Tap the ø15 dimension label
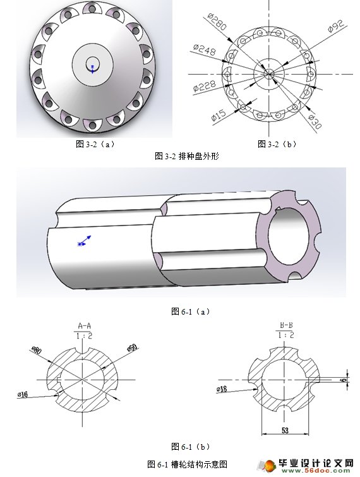(219, 114)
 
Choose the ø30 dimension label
(314, 120)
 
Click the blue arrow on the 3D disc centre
(92, 67)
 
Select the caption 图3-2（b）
(277, 144)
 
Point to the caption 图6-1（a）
(191, 311)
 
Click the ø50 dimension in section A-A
(132, 347)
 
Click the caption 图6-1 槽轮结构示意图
(187, 464)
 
